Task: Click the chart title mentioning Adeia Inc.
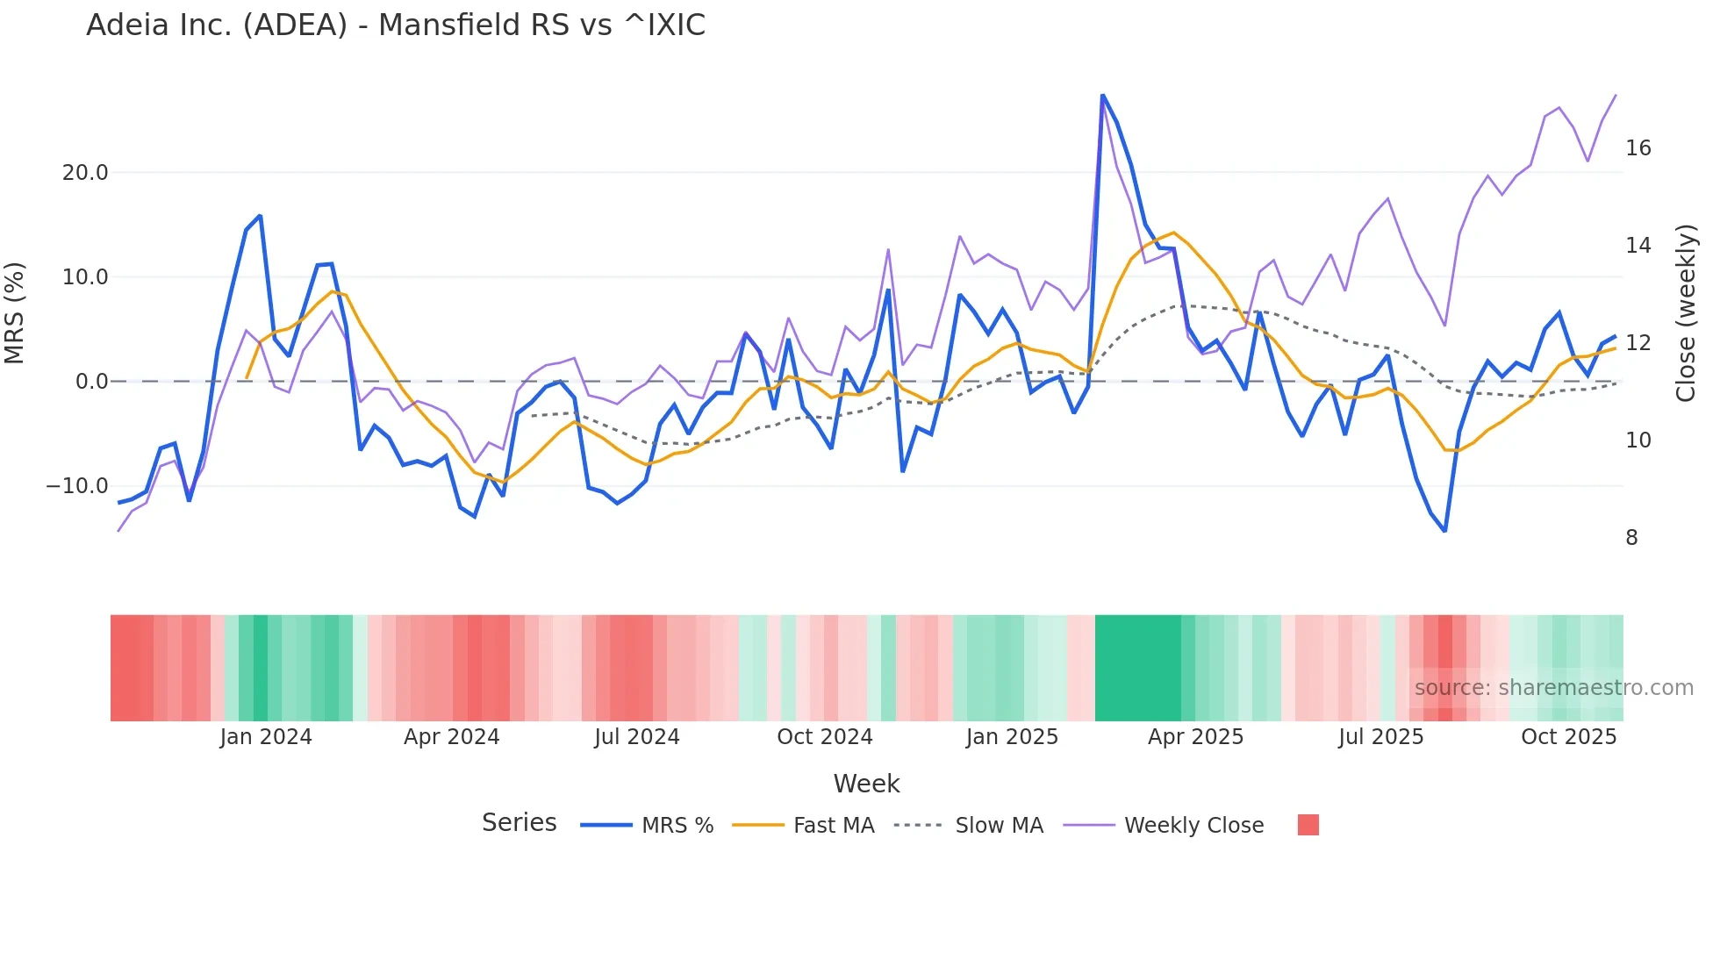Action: pos(395,25)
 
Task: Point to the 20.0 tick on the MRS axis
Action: pos(85,173)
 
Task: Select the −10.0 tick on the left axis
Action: pos(77,486)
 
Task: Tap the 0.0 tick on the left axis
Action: pos(91,382)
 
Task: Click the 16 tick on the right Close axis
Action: pos(1638,148)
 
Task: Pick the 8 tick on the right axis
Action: pos(1631,538)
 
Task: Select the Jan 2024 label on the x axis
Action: pos(266,737)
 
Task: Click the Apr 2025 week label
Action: pos(1195,737)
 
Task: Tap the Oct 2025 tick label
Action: pos(1568,737)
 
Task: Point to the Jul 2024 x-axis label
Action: pos(637,737)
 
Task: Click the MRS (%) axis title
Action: pos(15,313)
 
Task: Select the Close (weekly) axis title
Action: pos(1685,313)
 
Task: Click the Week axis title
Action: pos(866,784)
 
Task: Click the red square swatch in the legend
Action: pos(1308,825)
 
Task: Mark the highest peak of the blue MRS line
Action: pos(1102,96)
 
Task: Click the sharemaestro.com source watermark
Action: pos(1553,688)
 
